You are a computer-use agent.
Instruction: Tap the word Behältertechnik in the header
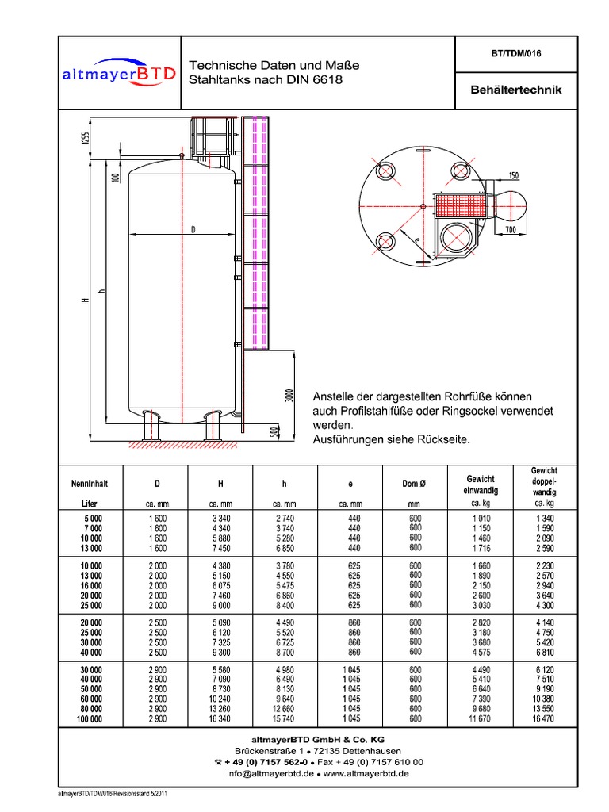pyautogui.click(x=516, y=90)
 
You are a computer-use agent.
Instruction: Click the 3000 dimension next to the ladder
pyautogui.click(x=289, y=395)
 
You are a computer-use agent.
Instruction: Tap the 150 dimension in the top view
pyautogui.click(x=513, y=175)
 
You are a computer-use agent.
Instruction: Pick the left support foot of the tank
pyautogui.click(x=151, y=427)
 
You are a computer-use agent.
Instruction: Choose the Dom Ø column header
pyautogui.click(x=415, y=482)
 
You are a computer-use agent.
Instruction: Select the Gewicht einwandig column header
pyautogui.click(x=479, y=484)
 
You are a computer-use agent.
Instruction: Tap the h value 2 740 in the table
pyautogui.click(x=284, y=518)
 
